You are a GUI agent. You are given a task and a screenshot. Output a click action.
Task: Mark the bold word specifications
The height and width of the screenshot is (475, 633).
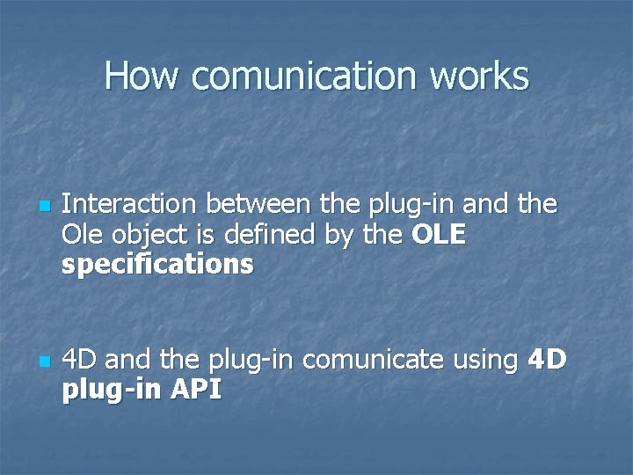(158, 264)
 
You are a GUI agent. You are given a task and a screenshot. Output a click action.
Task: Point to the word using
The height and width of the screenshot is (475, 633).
(485, 360)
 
